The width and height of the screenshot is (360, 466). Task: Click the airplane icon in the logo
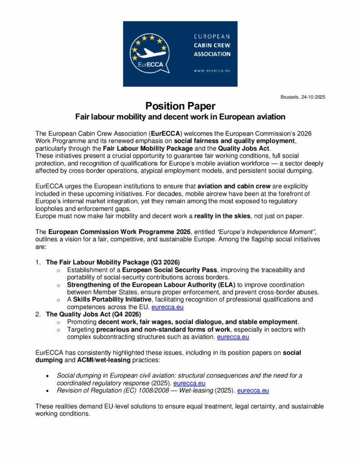(x=150, y=53)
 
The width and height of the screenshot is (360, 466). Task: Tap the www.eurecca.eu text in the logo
(x=212, y=71)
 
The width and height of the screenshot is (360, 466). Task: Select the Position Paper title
(x=180, y=106)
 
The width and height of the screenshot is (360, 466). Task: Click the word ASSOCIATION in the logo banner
(x=213, y=54)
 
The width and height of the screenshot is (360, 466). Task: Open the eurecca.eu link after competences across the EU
(x=167, y=307)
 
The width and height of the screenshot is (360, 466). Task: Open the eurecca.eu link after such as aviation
(x=233, y=337)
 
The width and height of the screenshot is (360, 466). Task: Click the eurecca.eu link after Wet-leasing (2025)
(x=253, y=390)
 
